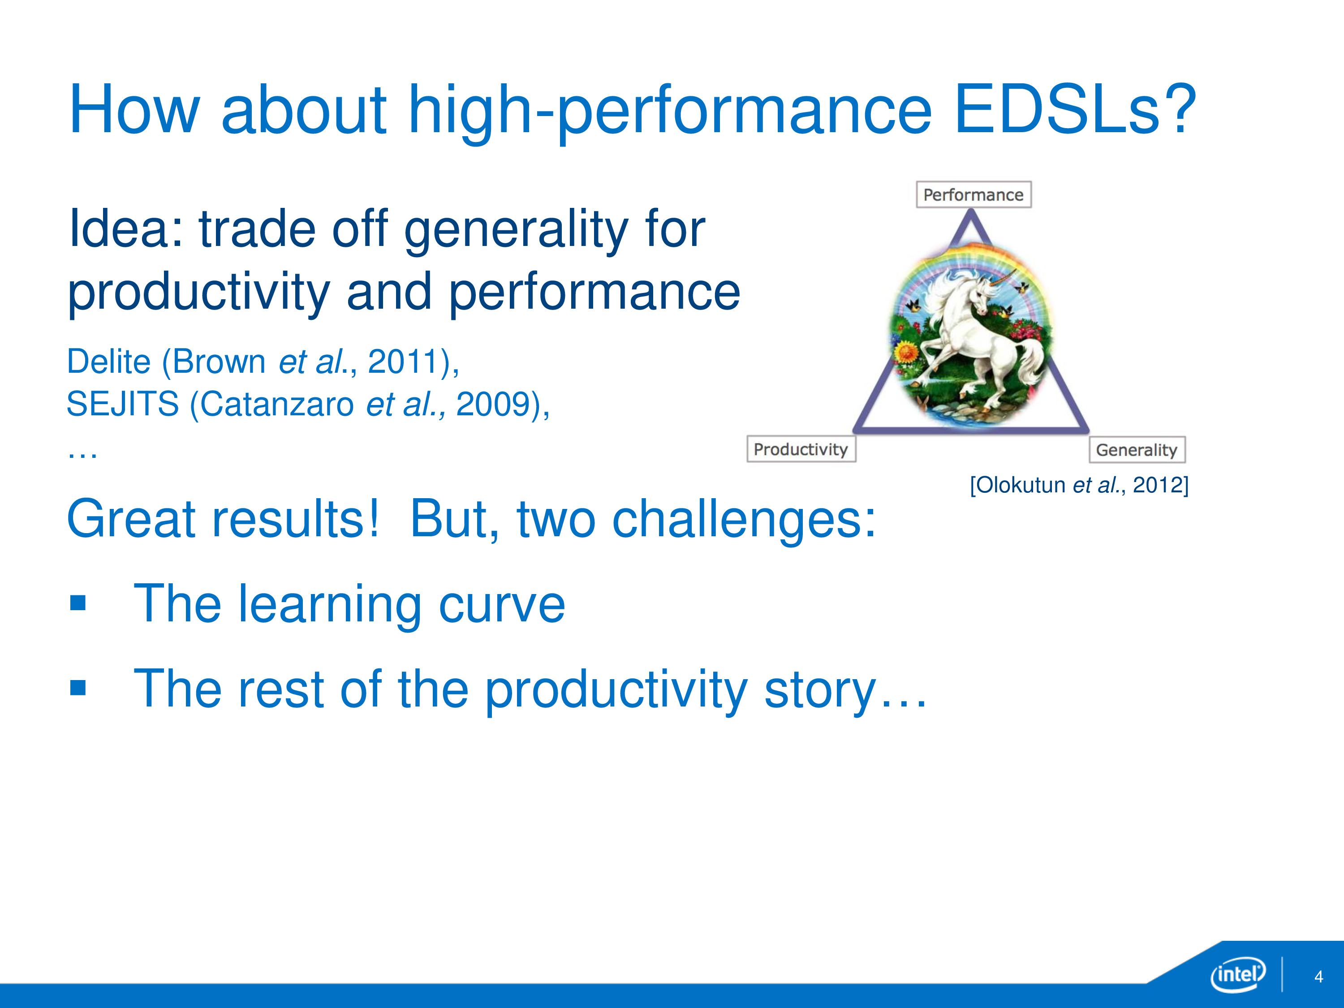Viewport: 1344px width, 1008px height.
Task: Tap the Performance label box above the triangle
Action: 974,194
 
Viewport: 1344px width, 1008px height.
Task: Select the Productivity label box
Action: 801,449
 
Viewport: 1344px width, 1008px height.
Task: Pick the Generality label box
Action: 1136,450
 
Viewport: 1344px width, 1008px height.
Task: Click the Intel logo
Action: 1238,974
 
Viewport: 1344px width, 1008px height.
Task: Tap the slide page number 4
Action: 1318,976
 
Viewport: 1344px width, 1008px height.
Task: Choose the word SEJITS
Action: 123,404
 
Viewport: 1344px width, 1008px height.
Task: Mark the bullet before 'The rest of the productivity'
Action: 78,687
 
